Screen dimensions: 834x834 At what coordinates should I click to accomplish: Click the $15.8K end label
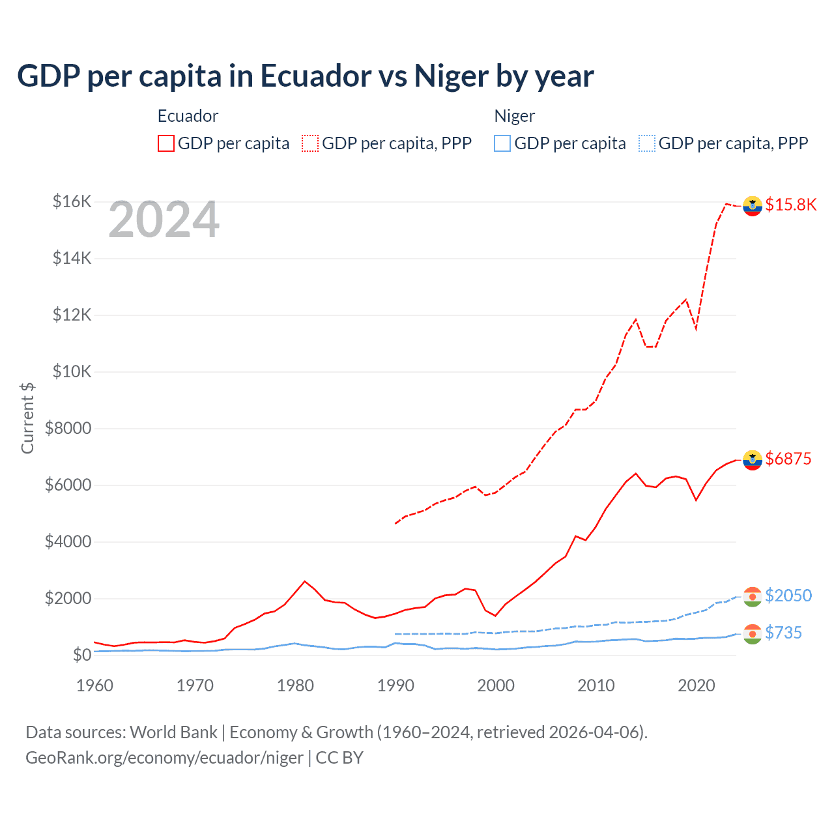[790, 205]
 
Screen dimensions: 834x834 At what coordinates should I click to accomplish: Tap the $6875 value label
[788, 459]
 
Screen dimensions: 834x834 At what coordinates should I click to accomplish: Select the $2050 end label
[788, 596]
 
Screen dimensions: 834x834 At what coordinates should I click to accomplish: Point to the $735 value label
[784, 633]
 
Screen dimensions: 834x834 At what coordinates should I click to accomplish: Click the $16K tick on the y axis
[72, 202]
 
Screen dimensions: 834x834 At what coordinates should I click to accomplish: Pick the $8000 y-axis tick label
[68, 429]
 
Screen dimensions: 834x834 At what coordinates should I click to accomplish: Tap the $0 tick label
[81, 655]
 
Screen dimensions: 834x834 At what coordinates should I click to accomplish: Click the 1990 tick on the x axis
[395, 686]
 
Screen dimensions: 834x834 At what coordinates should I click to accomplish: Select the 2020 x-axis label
[696, 686]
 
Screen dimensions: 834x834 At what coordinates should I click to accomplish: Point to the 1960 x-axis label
[95, 686]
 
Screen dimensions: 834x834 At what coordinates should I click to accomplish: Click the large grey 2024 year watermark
[164, 220]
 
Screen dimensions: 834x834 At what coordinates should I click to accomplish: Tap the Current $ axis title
[27, 418]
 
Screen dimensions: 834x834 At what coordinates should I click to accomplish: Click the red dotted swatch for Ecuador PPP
[310, 143]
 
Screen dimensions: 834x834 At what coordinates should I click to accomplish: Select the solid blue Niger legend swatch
[502, 143]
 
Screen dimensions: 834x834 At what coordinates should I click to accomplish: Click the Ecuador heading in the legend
[188, 117]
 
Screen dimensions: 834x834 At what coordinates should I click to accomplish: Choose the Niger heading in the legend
[514, 117]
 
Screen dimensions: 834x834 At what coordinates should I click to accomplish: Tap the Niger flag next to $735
[753, 634]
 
